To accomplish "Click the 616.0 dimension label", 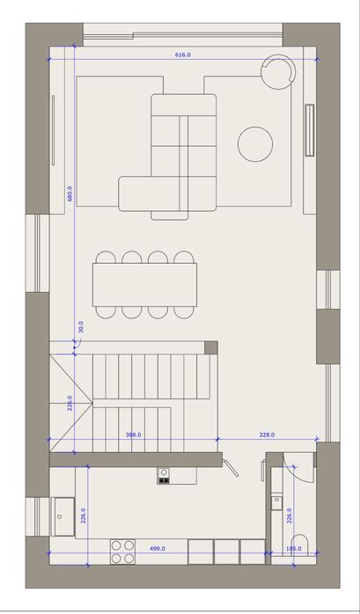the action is point(182,55).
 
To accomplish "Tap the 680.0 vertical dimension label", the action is point(70,193).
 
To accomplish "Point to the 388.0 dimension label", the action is point(133,435).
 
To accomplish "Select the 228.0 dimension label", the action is point(267,435).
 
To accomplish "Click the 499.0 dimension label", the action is point(158,549).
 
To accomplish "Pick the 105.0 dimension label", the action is point(294,549).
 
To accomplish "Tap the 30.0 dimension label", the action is point(81,327).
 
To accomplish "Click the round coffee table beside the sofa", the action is point(255,144).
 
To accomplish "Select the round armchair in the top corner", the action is point(278,71).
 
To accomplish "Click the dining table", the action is point(144,285).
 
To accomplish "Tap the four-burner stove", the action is point(122,552).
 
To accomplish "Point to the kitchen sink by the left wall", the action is point(62,516).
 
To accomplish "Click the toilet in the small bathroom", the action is point(301,545).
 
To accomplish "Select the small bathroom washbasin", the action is point(276,501).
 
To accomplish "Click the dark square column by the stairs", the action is point(211,347).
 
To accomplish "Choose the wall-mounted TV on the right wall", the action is point(310,130).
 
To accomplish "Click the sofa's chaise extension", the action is point(149,194).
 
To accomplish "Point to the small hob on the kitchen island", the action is point(164,476).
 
